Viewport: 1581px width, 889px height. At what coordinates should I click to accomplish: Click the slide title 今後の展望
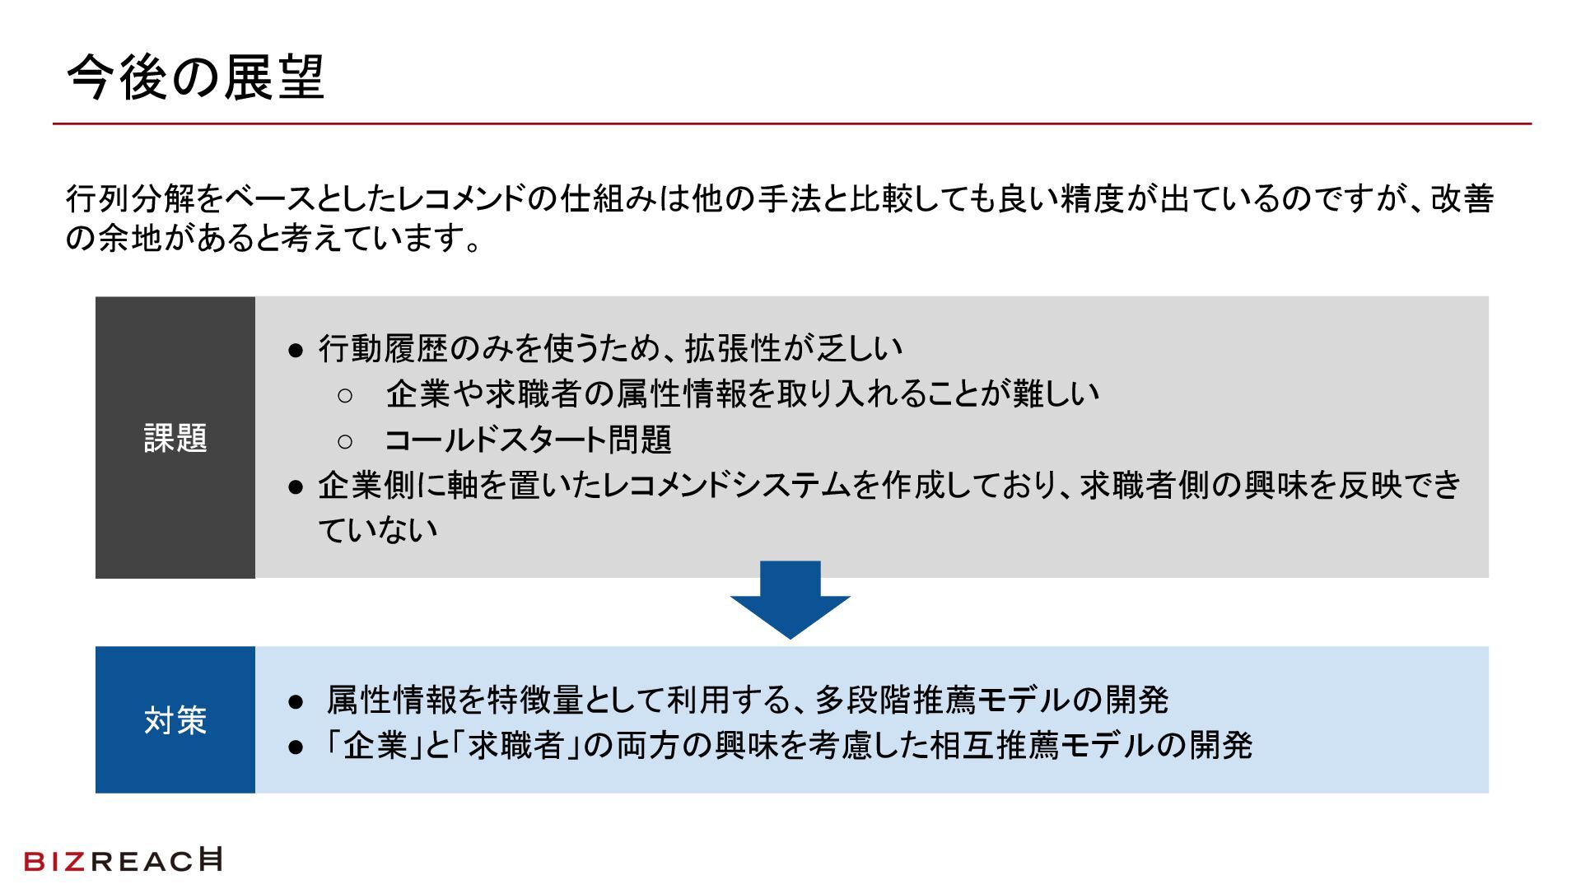[195, 79]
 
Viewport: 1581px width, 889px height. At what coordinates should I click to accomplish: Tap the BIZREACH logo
[124, 860]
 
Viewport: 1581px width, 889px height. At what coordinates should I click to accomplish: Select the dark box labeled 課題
[175, 437]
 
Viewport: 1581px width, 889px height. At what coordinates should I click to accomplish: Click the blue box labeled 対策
[175, 719]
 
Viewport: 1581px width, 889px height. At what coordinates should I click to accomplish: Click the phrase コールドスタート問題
[528, 440]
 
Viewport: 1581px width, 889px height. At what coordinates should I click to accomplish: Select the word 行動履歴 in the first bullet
[383, 349]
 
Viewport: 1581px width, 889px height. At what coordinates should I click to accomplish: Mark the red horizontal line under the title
[790, 124]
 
